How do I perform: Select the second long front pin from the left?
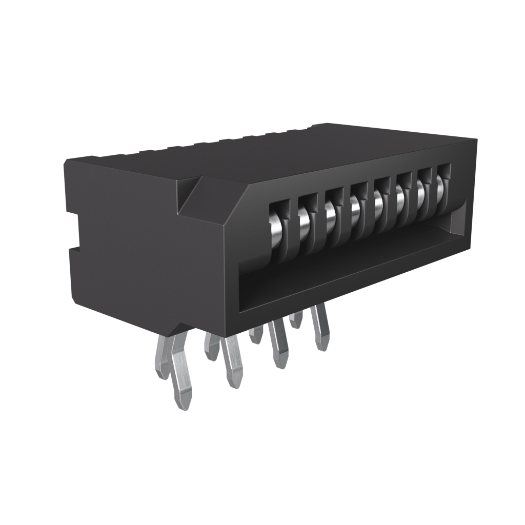tap(232, 361)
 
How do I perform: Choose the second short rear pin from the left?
tap(211, 346)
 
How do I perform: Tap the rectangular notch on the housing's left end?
tap(74, 231)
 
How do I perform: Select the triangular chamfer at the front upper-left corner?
tap(192, 197)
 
